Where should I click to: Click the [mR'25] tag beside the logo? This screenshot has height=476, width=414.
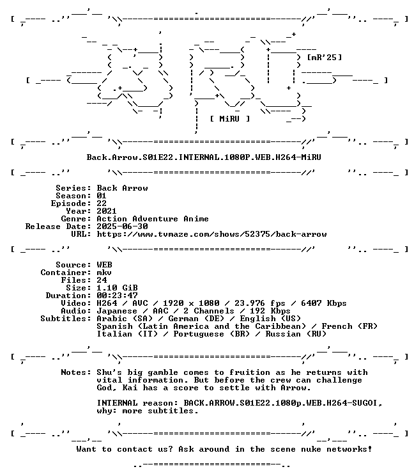pos(325,58)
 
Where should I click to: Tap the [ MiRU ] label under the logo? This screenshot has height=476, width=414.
pos(230,119)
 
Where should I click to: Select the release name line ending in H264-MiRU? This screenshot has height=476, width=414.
pos(204,157)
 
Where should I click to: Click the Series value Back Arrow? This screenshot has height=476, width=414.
pos(122,188)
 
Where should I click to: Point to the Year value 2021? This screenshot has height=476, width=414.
pos(107,211)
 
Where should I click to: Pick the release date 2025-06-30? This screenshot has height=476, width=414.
pos(122,226)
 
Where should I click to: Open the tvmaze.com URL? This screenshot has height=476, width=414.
pos(211,234)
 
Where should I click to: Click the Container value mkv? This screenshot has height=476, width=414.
pos(104,273)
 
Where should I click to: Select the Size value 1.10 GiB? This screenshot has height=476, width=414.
pos(117,288)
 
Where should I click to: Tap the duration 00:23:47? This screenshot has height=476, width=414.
pos(117,296)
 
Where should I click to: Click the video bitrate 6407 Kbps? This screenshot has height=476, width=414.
pos(323,303)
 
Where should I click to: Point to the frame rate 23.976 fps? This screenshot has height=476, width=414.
pos(259,303)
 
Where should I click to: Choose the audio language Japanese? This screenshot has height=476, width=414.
pos(117,311)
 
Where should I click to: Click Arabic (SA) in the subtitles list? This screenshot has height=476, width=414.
pos(125,319)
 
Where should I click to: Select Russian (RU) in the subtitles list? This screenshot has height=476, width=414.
pos(296,334)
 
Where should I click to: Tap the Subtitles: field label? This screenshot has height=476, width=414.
pos(66,319)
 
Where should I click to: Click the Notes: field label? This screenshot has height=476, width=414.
pos(76,372)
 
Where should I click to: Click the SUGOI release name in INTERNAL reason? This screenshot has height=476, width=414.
pos(280,403)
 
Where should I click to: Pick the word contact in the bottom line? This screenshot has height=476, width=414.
pos(135,449)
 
